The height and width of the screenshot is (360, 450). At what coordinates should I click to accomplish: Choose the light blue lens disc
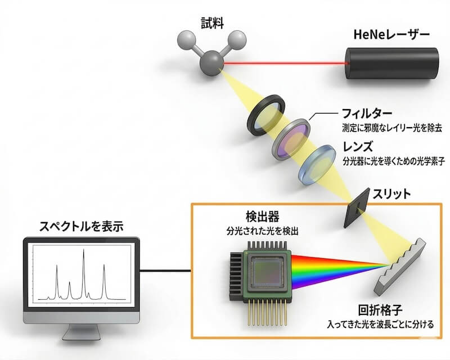coord(316,161)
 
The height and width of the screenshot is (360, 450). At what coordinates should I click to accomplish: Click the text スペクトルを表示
coord(81,227)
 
